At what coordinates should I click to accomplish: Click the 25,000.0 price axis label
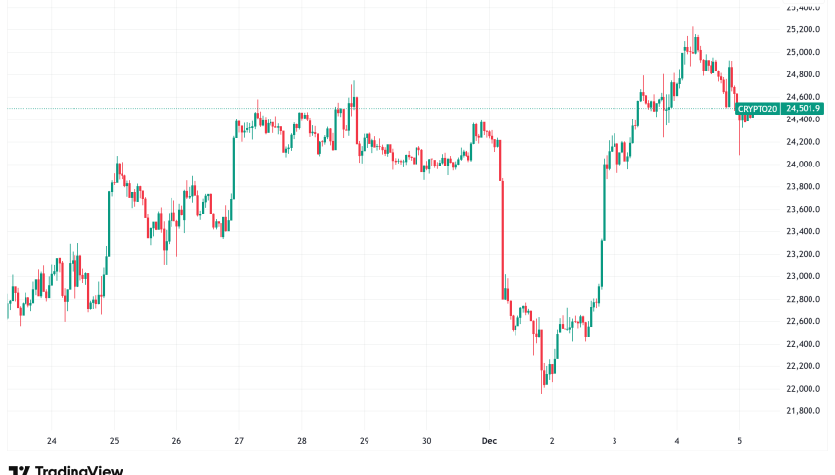point(803,52)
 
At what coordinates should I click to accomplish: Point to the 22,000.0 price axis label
point(803,389)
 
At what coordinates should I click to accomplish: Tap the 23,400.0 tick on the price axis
point(803,232)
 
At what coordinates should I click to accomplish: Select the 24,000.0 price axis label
point(803,165)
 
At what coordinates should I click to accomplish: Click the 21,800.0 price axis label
point(803,411)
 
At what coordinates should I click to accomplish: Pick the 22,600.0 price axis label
point(803,321)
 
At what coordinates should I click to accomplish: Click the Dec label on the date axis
point(488,441)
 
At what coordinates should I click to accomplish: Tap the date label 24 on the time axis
point(51,441)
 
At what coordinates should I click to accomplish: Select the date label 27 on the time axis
point(239,441)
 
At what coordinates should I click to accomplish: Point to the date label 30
point(426,441)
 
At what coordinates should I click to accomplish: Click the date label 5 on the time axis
point(739,441)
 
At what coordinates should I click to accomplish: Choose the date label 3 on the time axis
point(614,441)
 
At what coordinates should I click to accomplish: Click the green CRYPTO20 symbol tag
point(758,109)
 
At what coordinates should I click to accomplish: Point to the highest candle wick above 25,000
point(694,31)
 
